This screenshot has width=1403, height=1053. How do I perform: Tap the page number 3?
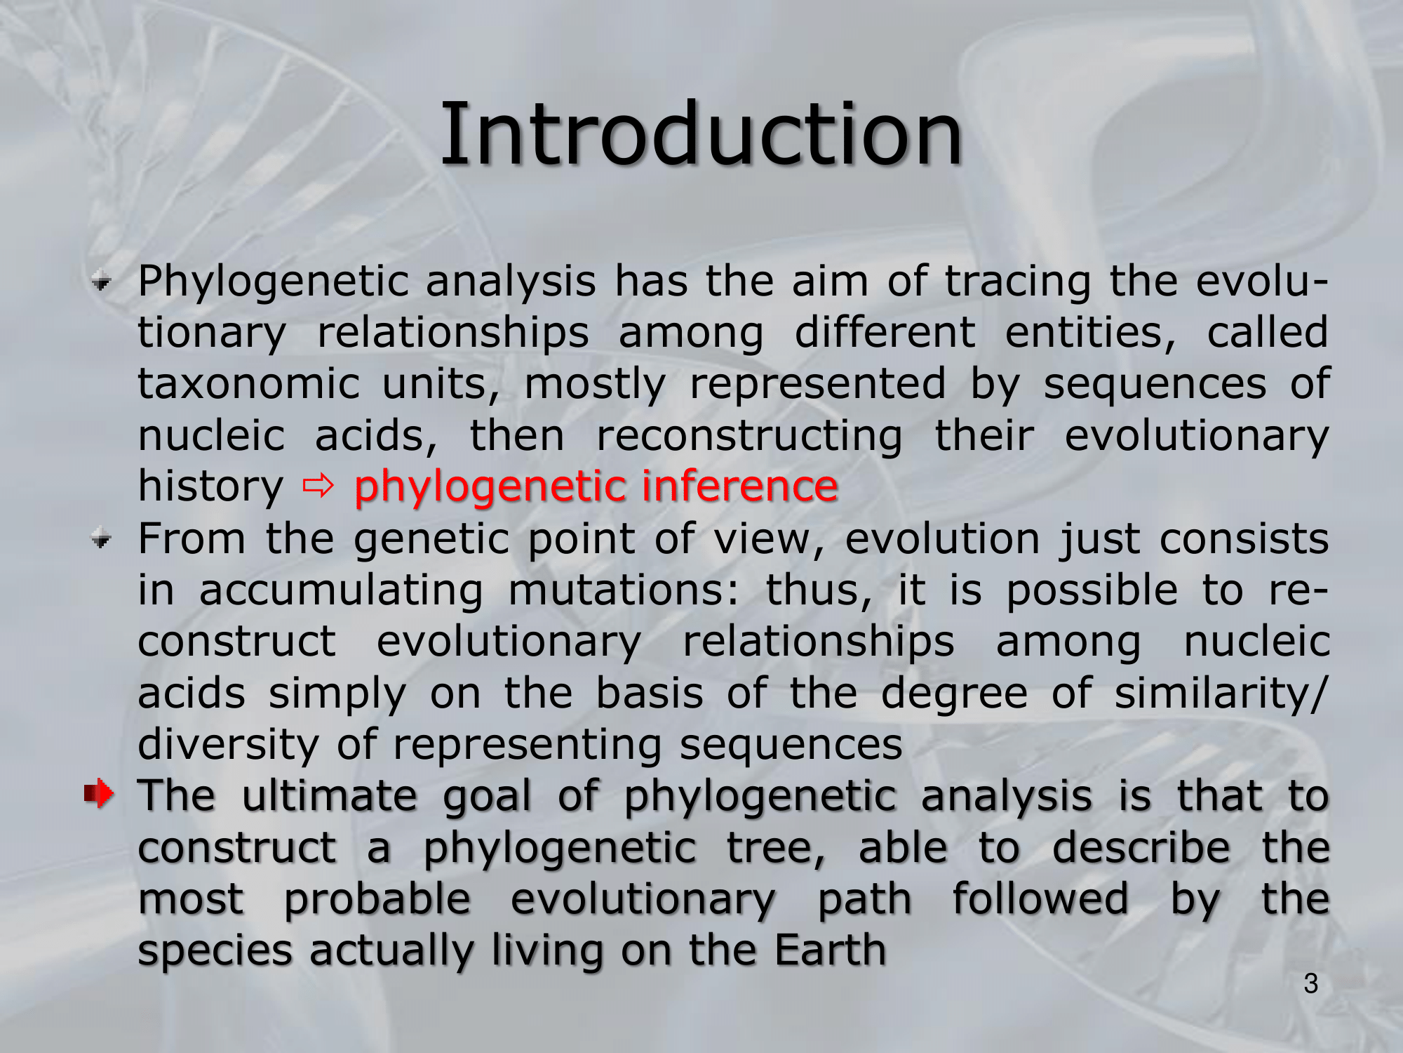click(x=1311, y=984)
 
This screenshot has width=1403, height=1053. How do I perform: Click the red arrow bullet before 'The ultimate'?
click(x=99, y=794)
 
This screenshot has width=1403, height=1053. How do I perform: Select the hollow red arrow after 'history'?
click(x=318, y=486)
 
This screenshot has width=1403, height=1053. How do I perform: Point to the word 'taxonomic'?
click(x=248, y=384)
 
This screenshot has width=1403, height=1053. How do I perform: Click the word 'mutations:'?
click(x=624, y=590)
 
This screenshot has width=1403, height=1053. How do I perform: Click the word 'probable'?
click(x=377, y=899)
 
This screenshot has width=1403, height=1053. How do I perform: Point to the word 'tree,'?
click(x=776, y=848)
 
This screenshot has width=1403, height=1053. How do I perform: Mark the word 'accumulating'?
click(x=341, y=591)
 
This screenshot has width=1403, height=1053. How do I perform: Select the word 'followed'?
click(x=1040, y=899)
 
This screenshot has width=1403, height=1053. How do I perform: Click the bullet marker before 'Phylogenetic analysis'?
click(x=102, y=282)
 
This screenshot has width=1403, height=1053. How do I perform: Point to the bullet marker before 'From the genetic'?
click(x=102, y=539)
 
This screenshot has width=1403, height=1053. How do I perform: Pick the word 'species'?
click(x=215, y=952)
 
